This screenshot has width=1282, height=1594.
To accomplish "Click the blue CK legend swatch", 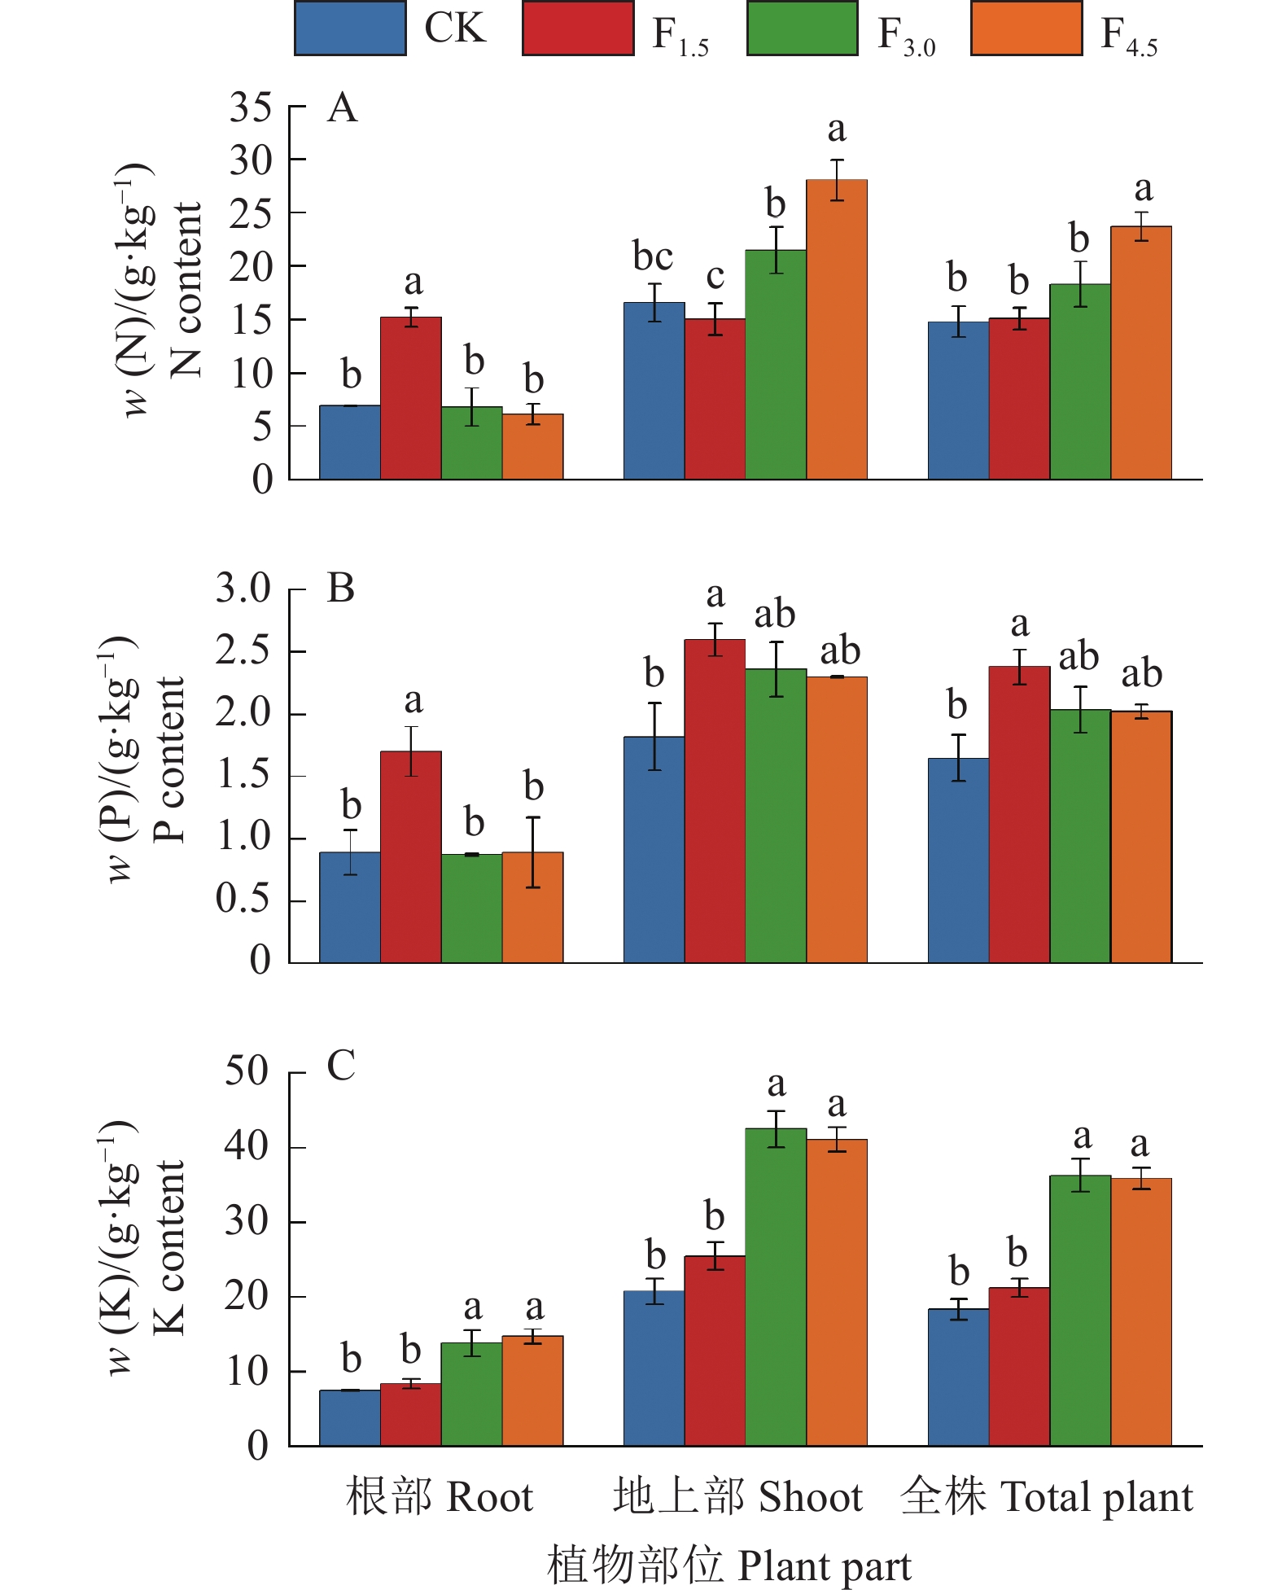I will tap(350, 28).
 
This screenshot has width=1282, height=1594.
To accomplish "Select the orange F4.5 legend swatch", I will tap(1026, 28).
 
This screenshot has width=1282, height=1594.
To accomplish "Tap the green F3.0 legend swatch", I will tap(802, 28).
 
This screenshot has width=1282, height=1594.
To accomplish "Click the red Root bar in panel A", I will tap(411, 398).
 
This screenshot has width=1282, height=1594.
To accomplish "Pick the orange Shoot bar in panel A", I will tap(837, 330).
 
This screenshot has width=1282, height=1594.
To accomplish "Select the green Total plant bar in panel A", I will tap(1080, 382).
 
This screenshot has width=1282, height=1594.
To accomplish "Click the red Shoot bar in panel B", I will tap(715, 801).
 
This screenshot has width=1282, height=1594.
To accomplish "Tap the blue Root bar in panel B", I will tap(350, 908).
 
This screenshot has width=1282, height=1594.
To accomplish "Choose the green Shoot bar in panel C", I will tap(776, 1287).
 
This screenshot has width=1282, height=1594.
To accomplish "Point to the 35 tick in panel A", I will tap(250, 107).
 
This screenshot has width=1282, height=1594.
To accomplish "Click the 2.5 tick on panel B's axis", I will tap(243, 651).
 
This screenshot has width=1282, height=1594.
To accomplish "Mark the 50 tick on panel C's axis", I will tap(247, 1072).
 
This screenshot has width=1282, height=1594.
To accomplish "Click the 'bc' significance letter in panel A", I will tap(653, 257).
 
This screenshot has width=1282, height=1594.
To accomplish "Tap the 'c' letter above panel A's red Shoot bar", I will tap(715, 277).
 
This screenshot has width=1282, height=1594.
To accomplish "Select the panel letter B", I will tap(341, 588).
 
